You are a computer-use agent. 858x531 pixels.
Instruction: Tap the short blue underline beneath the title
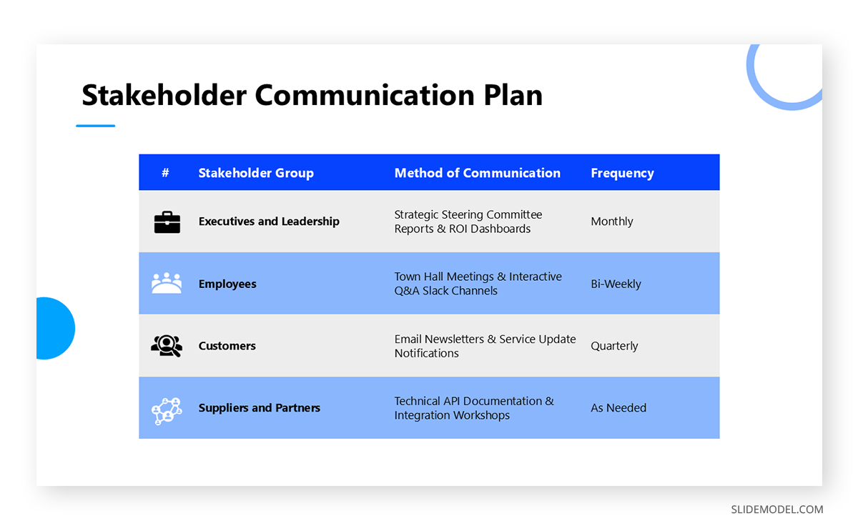click(x=95, y=126)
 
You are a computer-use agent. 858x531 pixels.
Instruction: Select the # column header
click(x=165, y=173)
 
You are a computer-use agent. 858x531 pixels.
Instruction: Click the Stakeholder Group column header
click(x=256, y=173)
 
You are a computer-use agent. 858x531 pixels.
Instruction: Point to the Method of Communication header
click(x=477, y=173)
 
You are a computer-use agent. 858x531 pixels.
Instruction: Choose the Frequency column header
click(x=622, y=173)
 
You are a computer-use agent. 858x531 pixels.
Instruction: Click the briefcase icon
click(x=167, y=222)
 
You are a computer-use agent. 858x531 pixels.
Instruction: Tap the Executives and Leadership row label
click(x=269, y=222)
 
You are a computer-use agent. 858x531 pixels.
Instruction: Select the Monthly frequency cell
click(x=612, y=222)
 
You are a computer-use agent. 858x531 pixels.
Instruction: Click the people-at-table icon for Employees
click(x=167, y=283)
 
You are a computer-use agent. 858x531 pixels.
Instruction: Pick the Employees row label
click(x=227, y=284)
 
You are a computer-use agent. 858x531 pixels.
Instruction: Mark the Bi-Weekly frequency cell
click(x=616, y=284)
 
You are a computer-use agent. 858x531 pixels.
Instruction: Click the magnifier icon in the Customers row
click(x=167, y=346)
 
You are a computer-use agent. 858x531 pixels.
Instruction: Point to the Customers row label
click(x=227, y=346)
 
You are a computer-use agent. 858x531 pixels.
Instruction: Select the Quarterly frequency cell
click(x=614, y=346)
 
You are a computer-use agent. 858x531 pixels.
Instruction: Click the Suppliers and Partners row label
click(x=260, y=408)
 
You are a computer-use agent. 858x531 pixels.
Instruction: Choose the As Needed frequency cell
click(x=618, y=408)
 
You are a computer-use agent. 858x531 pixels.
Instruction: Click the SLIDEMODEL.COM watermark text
click(x=776, y=510)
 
